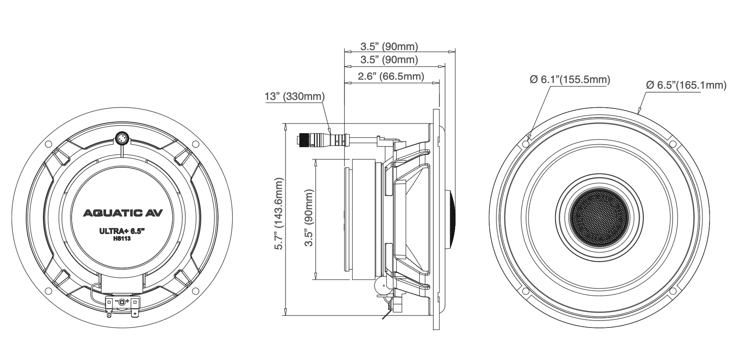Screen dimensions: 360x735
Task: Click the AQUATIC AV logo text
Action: tap(123, 213)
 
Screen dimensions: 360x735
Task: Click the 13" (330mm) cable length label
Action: tap(294, 96)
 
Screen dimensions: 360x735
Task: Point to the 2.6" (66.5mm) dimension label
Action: tap(391, 76)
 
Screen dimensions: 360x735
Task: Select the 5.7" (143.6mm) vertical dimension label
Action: tap(279, 213)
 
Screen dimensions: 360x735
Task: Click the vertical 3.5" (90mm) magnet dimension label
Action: tap(309, 218)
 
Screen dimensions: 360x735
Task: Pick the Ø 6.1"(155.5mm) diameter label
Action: tap(570, 80)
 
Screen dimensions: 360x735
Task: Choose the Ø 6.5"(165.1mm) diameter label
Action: tap(686, 85)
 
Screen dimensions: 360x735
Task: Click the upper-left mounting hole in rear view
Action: tap(48, 144)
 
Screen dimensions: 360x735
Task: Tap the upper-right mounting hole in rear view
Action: tap(195, 144)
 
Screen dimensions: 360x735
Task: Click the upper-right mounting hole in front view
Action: tap(672, 143)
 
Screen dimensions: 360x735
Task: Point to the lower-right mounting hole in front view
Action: tap(672, 292)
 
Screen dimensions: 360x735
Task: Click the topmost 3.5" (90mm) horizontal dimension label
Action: tap(389, 47)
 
